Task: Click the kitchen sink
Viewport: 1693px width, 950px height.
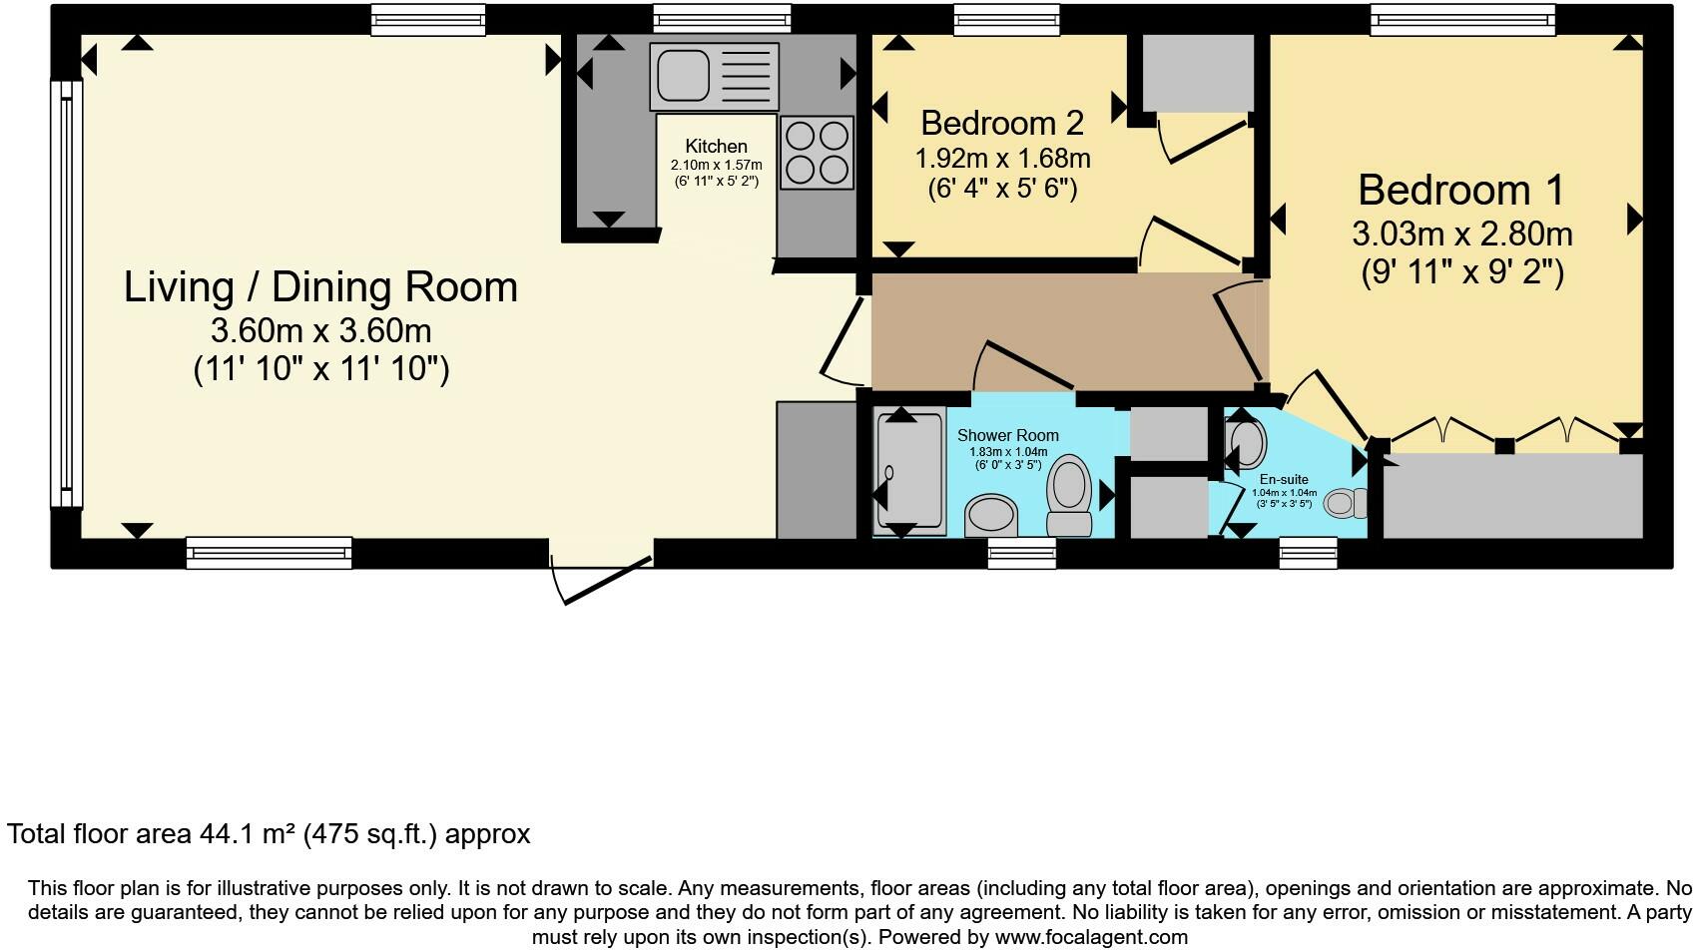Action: (713, 76)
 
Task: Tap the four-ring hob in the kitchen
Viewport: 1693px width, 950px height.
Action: (817, 153)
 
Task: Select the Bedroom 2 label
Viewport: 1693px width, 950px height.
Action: (1001, 123)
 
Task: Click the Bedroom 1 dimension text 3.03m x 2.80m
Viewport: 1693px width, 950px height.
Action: (1461, 234)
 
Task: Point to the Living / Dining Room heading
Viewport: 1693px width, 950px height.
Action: (320, 287)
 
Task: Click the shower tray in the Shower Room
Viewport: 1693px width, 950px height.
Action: (908, 472)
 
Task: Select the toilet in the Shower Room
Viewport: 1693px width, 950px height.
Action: (1069, 495)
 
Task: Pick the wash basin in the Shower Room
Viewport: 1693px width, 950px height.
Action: (990, 515)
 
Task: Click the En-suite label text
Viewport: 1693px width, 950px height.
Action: (1284, 479)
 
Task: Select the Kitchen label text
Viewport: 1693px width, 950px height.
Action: (716, 146)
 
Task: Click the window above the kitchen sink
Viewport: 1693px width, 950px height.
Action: (722, 18)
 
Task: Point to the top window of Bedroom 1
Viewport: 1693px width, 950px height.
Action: (1461, 18)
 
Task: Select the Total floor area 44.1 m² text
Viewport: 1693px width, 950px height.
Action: (269, 834)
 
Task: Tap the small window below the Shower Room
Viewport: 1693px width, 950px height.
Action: (1021, 554)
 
